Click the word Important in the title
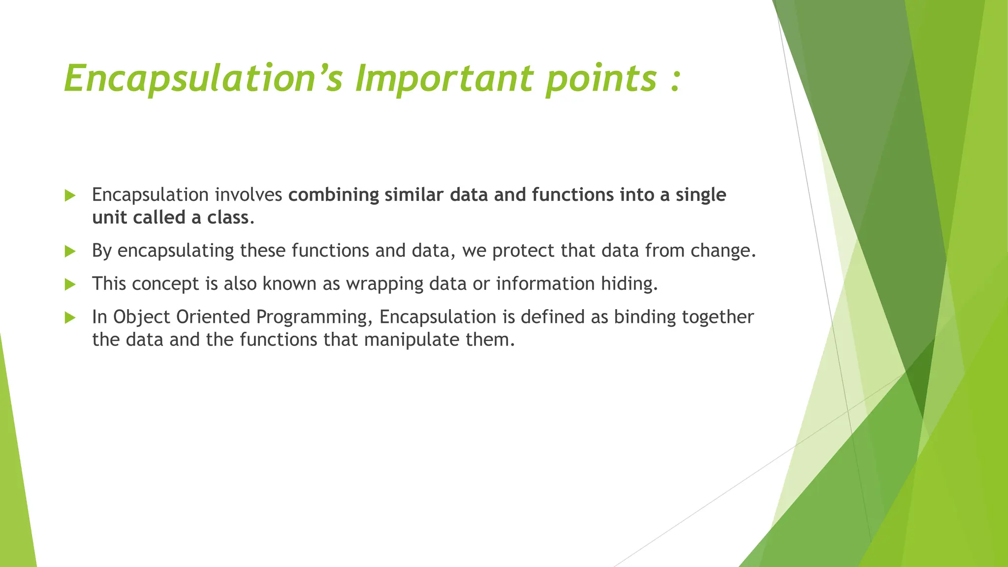pyautogui.click(x=444, y=79)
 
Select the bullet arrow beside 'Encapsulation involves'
pyautogui.click(x=70, y=195)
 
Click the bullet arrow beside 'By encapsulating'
pyautogui.click(x=70, y=252)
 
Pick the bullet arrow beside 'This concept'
pyautogui.click(x=70, y=284)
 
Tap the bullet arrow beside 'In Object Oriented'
pyautogui.click(x=70, y=317)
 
